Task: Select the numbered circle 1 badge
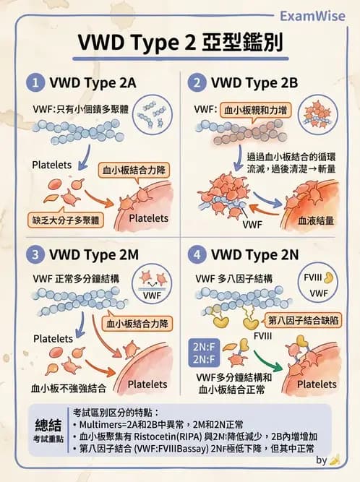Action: (34, 82)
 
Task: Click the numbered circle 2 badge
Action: (197, 82)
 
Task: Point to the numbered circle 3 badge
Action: (34, 255)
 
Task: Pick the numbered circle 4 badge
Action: (197, 255)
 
